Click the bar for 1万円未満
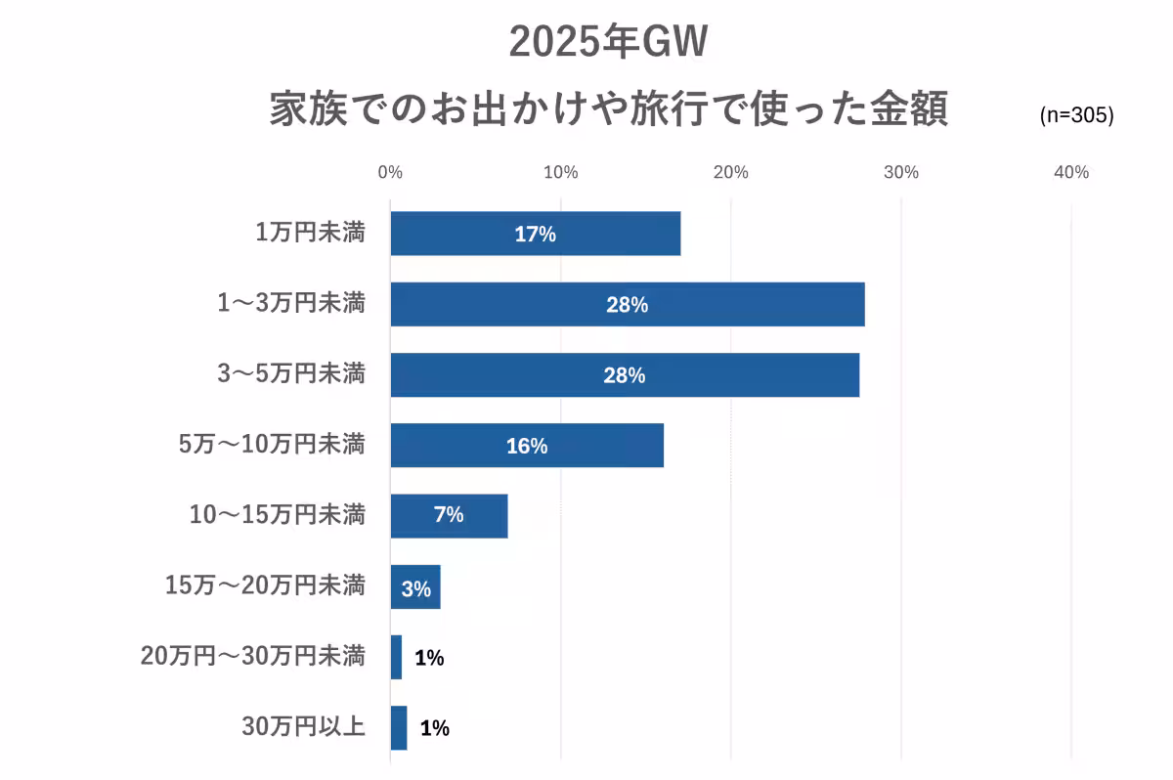tap(535, 234)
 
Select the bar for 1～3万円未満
tap(627, 304)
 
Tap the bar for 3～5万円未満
tap(625, 375)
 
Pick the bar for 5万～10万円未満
tap(527, 446)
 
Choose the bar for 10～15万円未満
tap(449, 516)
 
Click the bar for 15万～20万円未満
tap(415, 587)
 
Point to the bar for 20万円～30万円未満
tap(396, 658)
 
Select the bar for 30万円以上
tap(399, 728)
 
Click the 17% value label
tap(535, 235)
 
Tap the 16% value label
tap(527, 447)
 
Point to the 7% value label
tap(449, 515)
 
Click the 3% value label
tap(416, 589)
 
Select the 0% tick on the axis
tap(390, 173)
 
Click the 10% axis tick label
tap(560, 173)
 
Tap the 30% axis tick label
tap(901, 173)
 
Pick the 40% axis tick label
tap(1071, 173)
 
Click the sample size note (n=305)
tap(1076, 115)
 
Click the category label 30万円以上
tap(303, 727)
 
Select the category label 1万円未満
tap(310, 234)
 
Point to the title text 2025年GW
tap(607, 43)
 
